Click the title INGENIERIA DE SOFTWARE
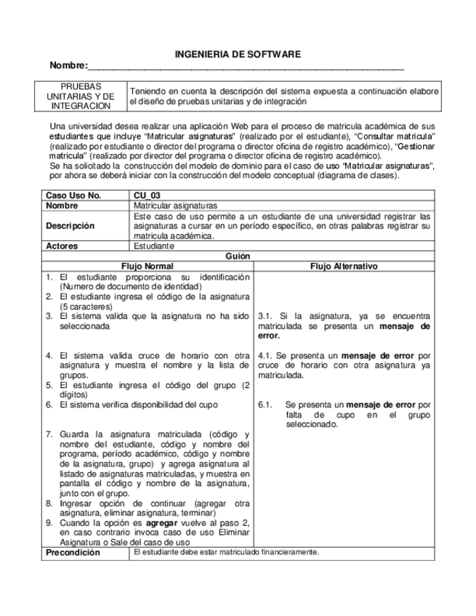point(238,54)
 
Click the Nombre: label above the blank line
point(68,66)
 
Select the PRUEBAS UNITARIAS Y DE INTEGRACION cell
point(81,96)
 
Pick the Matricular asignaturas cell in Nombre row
point(175,206)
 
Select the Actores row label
point(62,246)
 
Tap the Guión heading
point(238,256)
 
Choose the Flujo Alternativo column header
point(344,267)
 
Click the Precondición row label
point(72,553)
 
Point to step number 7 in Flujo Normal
point(49,434)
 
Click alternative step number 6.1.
point(265,405)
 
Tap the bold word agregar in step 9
point(161,522)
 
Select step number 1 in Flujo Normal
point(49,277)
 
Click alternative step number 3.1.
point(265,316)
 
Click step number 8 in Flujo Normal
point(49,503)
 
